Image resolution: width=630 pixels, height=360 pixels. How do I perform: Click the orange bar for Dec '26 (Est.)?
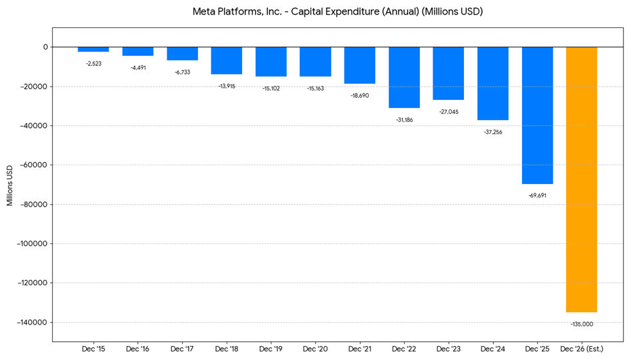pos(581,179)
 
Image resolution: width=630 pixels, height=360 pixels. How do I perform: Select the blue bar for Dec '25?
pos(537,115)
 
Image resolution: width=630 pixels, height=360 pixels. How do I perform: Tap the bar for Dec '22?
pos(404,77)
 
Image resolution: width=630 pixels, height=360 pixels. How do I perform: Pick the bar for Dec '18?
pos(227,61)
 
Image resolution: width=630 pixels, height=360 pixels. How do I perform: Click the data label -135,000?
pos(581,324)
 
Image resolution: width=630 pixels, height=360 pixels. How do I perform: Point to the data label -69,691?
pos(537,195)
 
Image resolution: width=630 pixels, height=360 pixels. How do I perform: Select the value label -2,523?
pos(93,63)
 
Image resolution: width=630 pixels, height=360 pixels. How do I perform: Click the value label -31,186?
pos(404,120)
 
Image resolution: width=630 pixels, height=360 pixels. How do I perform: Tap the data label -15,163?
pos(315,88)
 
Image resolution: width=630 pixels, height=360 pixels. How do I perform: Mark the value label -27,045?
pos(448,111)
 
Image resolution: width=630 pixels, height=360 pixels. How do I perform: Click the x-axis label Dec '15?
pos(93,349)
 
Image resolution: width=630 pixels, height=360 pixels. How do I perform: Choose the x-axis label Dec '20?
pos(315,349)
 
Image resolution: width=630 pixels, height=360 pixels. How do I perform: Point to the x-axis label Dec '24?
pos(493,349)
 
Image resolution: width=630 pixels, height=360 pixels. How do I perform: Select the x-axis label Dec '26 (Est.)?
pos(581,349)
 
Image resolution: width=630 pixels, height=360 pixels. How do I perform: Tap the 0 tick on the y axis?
pos(45,47)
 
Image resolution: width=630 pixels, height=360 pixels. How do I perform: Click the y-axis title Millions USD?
pos(10,185)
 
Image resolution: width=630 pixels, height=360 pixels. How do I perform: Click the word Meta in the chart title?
pos(205,12)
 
